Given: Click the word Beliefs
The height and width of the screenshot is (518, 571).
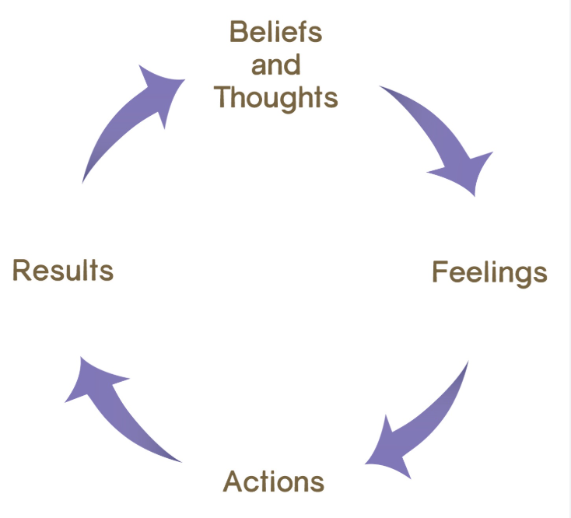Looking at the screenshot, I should pos(275,33).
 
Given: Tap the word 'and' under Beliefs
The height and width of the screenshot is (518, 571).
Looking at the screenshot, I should pos(275,65).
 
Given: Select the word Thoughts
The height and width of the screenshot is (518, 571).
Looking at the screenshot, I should pos(275,98).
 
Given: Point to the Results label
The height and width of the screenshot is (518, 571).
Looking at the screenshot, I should pos(63,271).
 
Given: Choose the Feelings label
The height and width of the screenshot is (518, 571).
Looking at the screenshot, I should pos(489,273).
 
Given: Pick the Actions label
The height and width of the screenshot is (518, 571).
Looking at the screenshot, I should pos(274,481).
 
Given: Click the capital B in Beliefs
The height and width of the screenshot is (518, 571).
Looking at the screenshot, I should pos(238,33).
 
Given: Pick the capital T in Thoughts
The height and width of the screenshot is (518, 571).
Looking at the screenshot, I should pos(222,98).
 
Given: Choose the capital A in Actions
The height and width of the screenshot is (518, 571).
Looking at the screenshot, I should pos(233,481).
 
